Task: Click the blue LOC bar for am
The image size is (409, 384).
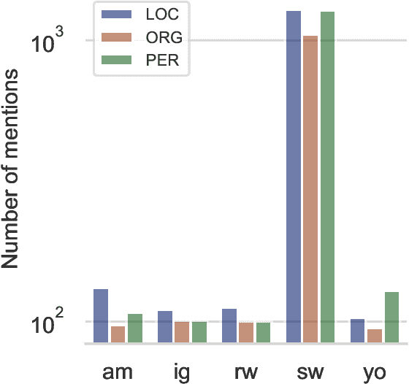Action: click(x=101, y=315)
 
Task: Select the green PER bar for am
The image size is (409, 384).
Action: click(x=134, y=328)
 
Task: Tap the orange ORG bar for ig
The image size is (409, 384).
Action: click(x=181, y=331)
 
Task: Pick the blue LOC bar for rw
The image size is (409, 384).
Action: click(x=229, y=326)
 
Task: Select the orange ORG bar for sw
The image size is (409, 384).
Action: click(x=310, y=189)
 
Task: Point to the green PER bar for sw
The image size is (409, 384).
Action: click(x=327, y=177)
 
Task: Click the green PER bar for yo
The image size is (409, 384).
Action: click(x=391, y=317)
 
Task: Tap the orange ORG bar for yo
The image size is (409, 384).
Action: click(x=375, y=335)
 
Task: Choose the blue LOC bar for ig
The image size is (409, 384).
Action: click(x=165, y=326)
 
